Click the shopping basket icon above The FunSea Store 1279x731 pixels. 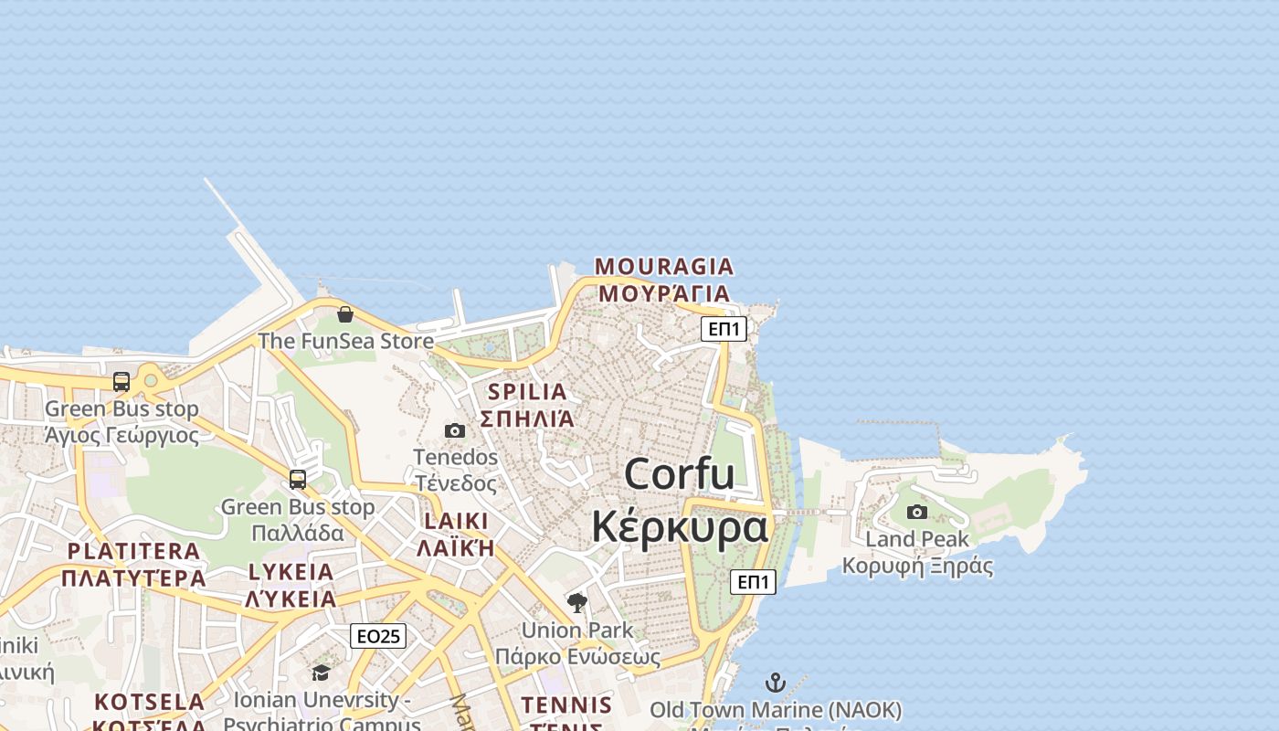pos(345,315)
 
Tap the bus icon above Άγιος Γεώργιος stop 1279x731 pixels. pos(122,382)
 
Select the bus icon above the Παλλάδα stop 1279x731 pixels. pos(298,480)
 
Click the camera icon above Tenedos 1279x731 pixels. pos(455,430)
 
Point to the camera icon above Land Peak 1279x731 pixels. pos(917,512)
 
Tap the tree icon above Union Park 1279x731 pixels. pos(576,602)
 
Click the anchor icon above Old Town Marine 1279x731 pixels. pos(775,683)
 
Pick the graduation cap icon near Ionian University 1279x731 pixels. pos(321,673)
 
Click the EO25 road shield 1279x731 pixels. pos(378,636)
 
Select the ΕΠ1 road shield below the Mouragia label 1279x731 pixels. pos(724,329)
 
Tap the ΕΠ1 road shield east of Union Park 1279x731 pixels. pos(754,581)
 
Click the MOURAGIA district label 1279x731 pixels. pos(664,267)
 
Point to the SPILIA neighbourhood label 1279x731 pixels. pos(527,392)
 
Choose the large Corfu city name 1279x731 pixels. pos(680,474)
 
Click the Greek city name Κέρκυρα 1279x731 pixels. pos(680,528)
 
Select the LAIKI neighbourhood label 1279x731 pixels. pos(456,521)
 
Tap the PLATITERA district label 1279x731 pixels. pos(133,551)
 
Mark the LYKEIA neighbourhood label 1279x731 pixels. pos(291,573)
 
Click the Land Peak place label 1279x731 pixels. pos(917,539)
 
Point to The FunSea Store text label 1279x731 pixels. pos(345,341)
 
